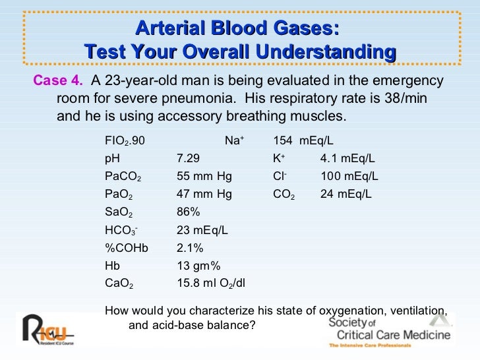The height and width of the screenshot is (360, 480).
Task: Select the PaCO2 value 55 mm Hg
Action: [204, 177]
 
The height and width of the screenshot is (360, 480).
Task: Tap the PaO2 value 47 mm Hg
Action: [204, 195]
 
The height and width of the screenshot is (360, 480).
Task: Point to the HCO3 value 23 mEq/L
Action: [202, 231]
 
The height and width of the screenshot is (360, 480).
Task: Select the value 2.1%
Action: [191, 249]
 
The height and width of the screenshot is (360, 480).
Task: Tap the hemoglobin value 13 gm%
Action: [198, 266]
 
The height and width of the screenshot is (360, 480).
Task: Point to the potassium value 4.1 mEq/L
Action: [347, 159]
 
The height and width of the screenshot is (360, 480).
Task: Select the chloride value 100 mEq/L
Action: [349, 177]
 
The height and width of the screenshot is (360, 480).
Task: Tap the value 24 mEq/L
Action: [346, 195]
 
